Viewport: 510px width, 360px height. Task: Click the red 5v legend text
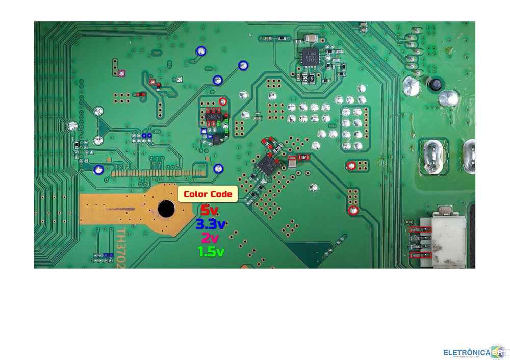point(210,210)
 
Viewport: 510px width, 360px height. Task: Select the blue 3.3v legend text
point(211,223)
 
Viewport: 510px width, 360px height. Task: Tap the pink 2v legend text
point(210,237)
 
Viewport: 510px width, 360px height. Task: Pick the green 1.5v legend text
point(211,251)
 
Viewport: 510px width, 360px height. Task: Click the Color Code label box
point(208,194)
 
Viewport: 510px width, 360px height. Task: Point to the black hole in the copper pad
point(166,209)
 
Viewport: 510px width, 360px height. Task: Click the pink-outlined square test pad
point(121,73)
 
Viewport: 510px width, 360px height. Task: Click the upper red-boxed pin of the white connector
point(421,230)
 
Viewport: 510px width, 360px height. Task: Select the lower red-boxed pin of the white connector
point(421,255)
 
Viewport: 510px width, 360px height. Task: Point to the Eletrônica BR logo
point(474,352)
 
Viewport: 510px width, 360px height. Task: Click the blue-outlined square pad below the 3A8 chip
point(205,131)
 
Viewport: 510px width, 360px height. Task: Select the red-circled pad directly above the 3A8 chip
point(222,101)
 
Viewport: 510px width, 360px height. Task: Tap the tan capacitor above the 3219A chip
point(310,39)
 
